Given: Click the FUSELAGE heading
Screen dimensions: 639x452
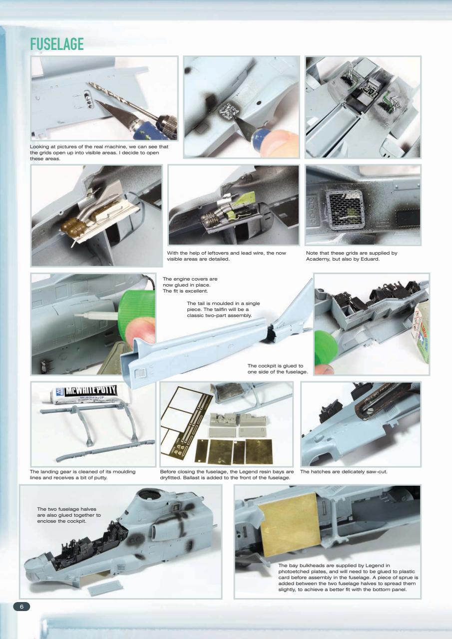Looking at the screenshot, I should [56, 44].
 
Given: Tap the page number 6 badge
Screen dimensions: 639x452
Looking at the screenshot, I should [21, 606].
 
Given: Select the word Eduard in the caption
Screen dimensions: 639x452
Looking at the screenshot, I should [369, 259].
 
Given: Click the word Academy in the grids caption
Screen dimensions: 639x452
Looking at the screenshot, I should [320, 259].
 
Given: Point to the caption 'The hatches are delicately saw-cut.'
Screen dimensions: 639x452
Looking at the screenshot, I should [344, 471].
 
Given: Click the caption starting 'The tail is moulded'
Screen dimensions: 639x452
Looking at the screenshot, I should [223, 310].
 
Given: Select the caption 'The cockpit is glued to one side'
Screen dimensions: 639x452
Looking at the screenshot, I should [275, 369].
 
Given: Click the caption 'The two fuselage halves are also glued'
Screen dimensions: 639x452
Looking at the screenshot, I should [69, 515].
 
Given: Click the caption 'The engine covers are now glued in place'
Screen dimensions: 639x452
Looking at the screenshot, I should [190, 285].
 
